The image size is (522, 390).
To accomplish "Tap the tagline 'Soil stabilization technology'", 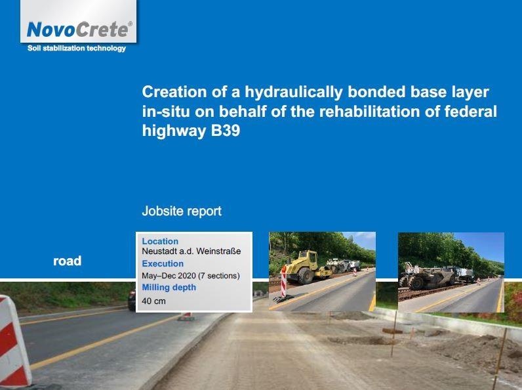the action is pyautogui.click(x=77, y=49).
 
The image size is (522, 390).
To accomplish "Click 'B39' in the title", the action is pyautogui.click(x=226, y=131).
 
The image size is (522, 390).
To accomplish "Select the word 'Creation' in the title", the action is pyautogui.click(x=174, y=92).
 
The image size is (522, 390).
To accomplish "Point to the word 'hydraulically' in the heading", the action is pyautogui.click(x=293, y=93).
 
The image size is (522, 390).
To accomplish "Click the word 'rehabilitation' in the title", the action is pyautogui.click(x=369, y=112).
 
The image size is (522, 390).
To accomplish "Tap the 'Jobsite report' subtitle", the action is pyautogui.click(x=182, y=211).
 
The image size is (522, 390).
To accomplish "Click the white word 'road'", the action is pyautogui.click(x=68, y=261).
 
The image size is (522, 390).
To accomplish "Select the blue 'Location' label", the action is pyautogui.click(x=160, y=242).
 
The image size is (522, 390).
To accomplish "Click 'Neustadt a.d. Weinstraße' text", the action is pyautogui.click(x=191, y=251).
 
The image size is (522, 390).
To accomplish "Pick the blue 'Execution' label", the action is pyautogui.click(x=163, y=264).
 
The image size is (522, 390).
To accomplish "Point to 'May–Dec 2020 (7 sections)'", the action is pyautogui.click(x=191, y=276).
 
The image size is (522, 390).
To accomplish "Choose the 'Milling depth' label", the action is pyautogui.click(x=169, y=288).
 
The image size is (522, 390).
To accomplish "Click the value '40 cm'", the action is pyautogui.click(x=154, y=301).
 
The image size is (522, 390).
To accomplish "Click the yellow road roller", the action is pyautogui.click(x=307, y=267).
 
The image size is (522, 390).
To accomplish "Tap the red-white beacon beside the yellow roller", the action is pyautogui.click(x=283, y=283).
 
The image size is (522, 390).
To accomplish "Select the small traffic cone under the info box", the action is pyautogui.click(x=187, y=316).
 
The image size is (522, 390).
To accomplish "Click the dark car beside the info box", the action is pyautogui.click(x=132, y=299).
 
